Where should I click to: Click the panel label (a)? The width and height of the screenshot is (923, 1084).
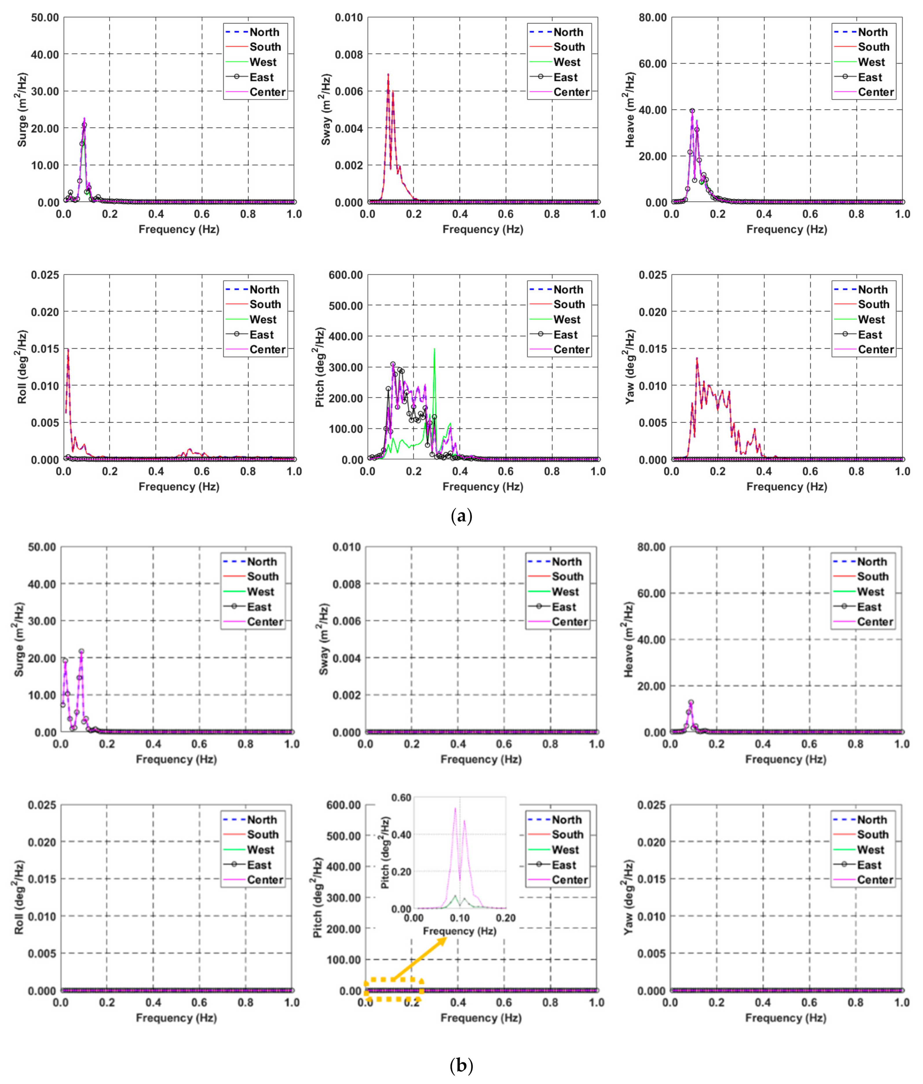click(x=461, y=517)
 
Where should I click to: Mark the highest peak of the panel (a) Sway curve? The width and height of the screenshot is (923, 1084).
click(x=388, y=74)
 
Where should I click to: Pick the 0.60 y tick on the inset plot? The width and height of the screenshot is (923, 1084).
click(x=402, y=797)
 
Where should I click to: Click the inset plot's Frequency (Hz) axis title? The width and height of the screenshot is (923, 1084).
click(x=459, y=931)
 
